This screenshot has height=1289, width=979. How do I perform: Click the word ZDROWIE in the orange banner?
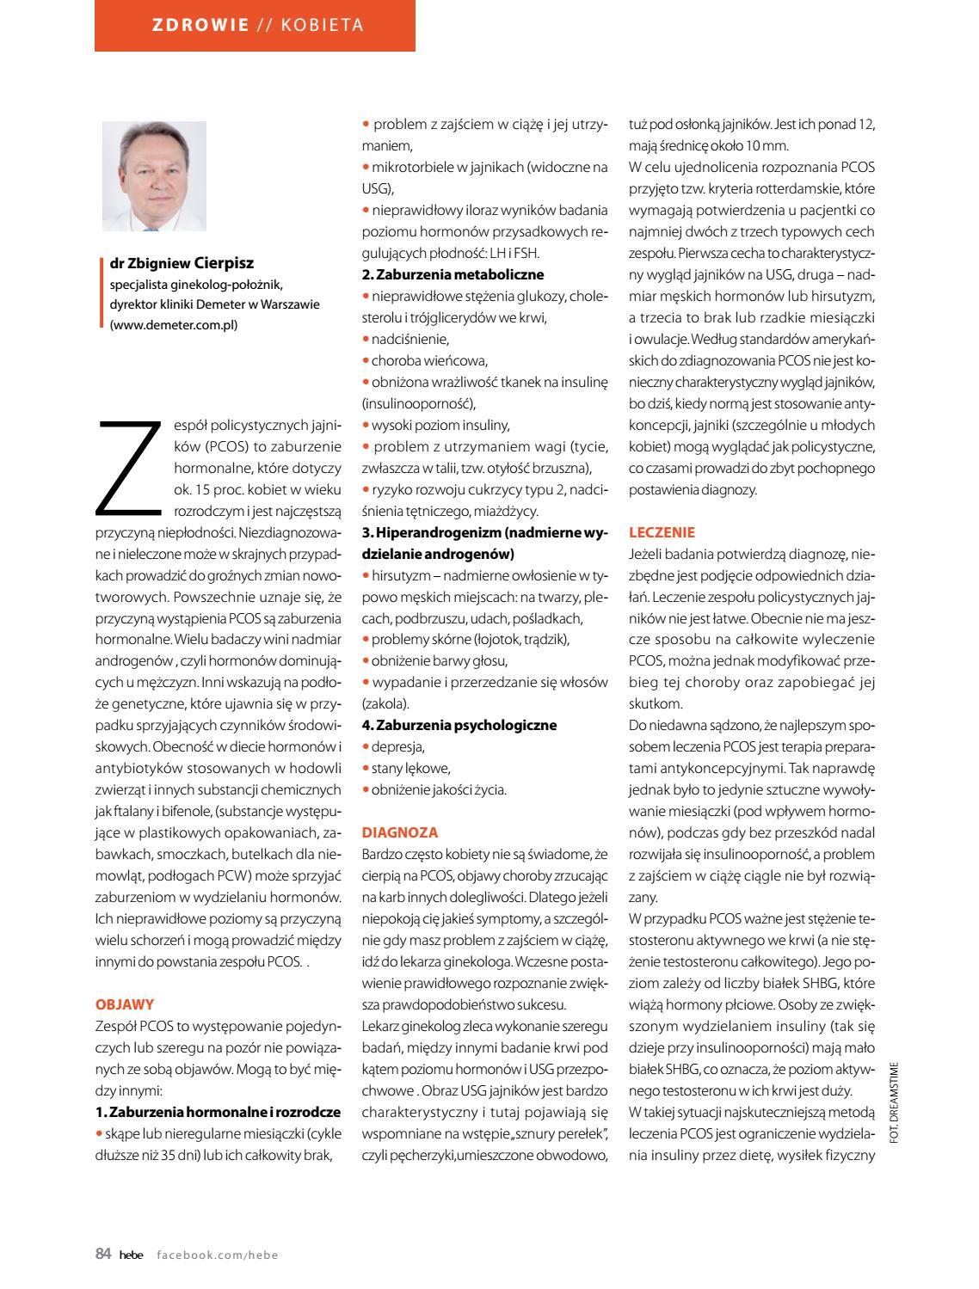pos(200,25)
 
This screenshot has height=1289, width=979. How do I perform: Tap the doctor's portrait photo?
pos(155,175)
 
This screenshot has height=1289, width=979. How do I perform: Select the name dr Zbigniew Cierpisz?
pos(182,263)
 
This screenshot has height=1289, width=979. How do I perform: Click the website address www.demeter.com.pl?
pos(174,324)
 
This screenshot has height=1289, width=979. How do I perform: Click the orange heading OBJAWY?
pos(125,1004)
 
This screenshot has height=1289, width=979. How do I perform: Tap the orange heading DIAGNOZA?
pos(400,832)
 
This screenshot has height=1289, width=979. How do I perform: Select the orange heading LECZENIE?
pos(662,532)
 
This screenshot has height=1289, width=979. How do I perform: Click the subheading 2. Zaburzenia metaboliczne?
pos(453,274)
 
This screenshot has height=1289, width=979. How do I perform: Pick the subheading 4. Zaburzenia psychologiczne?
pos(459,725)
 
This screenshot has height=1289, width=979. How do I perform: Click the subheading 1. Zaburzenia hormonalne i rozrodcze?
pos(218,1112)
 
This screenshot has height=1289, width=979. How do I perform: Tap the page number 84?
pos(103,1254)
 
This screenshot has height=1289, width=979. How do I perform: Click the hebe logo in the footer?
pos(132,1255)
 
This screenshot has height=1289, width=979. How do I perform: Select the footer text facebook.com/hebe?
pos(218,1255)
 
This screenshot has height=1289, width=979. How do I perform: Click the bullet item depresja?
pos(397,746)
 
